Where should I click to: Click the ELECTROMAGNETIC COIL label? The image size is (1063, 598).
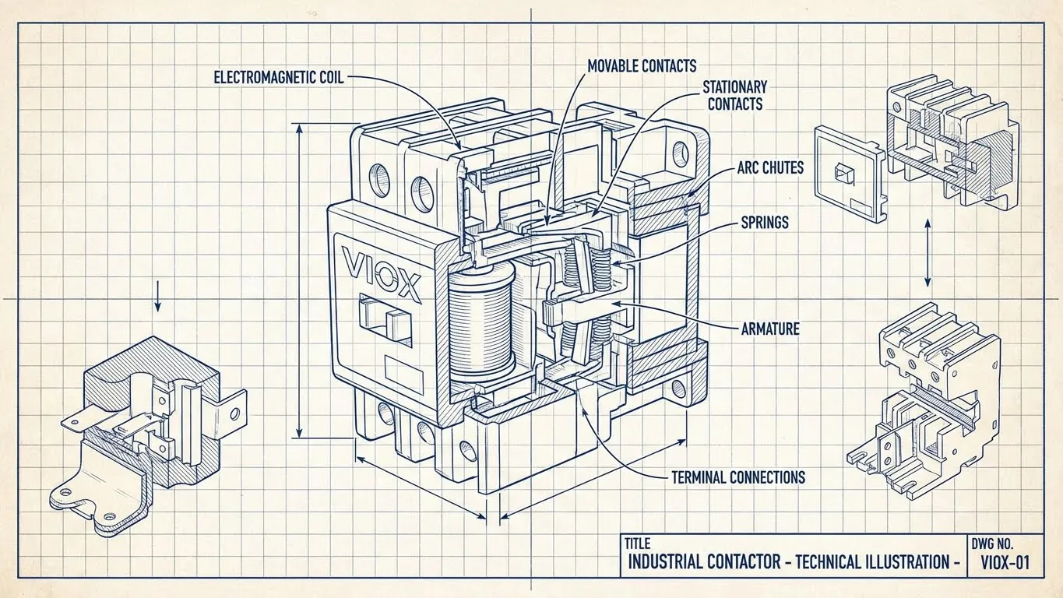pos(278,77)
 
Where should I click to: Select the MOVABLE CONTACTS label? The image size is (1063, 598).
pos(642,66)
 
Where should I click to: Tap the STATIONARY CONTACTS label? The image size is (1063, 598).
pos(734,94)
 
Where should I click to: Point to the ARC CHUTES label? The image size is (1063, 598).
pos(770,167)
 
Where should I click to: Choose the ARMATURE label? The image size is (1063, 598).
pos(769,329)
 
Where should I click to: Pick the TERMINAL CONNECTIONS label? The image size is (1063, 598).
pos(737,477)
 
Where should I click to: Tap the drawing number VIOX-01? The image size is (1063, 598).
pos(1004,562)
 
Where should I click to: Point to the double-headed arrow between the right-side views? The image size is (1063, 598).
pos(927,252)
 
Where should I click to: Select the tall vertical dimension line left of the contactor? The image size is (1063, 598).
pos(300,280)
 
